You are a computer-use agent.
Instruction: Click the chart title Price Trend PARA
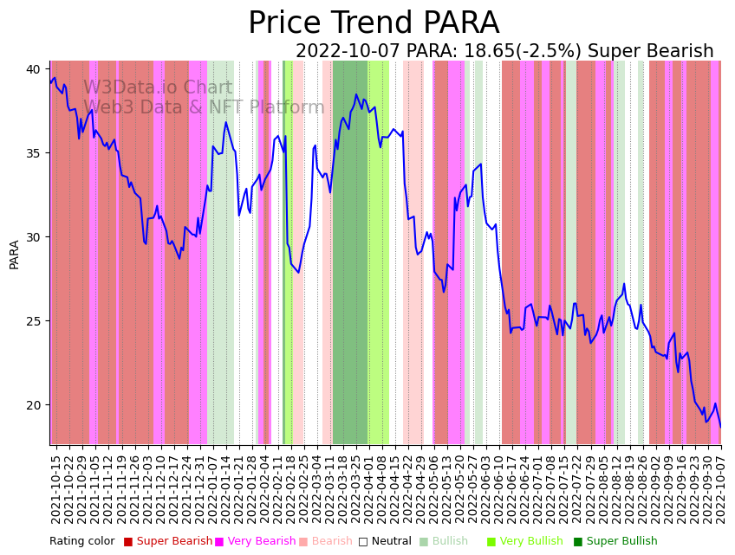pos(374,23)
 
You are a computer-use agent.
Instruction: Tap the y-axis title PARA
pos(15,255)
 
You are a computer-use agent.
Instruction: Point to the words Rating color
pos(81,541)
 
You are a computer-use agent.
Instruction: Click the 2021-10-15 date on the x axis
pos(55,488)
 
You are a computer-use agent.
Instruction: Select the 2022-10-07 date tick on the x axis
pos(719,488)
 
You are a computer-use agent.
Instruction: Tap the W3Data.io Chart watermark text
pos(158,88)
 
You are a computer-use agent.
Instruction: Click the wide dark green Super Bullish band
pos(350,251)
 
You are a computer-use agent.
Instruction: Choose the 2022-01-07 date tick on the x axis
pos(211,488)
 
